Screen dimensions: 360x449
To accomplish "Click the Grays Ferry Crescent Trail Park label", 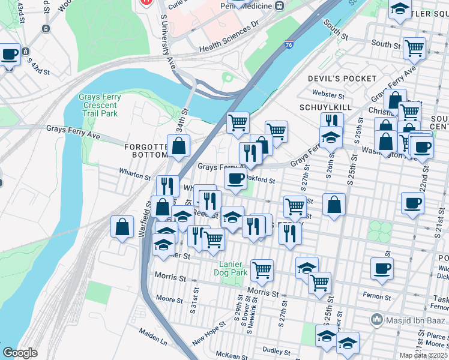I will click(x=99, y=105).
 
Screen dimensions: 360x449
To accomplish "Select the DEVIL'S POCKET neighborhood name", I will click(x=342, y=79).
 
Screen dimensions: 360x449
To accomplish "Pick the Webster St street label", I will click(x=328, y=95).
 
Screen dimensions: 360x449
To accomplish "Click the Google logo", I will click(x=20, y=353).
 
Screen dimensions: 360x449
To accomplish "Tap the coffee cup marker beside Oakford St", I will click(x=235, y=178).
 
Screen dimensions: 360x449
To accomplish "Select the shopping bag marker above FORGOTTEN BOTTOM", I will click(x=179, y=145).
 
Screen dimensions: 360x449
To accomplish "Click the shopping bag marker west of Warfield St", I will click(x=122, y=227).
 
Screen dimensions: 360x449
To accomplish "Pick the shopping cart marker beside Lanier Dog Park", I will click(x=262, y=270).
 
